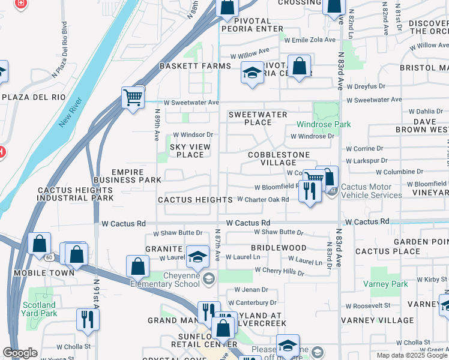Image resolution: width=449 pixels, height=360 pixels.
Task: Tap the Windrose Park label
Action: pyautogui.click(x=324, y=125)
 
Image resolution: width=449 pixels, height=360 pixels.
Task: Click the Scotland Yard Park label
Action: pyautogui.click(x=39, y=309)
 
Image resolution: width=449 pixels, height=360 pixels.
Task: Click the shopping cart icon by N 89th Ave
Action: pyautogui.click(x=133, y=97)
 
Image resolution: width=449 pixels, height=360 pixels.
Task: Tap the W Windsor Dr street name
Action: pyautogui.click(x=193, y=135)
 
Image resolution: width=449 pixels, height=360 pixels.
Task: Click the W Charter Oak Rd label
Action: pyautogui.click(x=262, y=199)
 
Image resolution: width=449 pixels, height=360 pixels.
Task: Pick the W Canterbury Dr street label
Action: pyautogui.click(x=251, y=302)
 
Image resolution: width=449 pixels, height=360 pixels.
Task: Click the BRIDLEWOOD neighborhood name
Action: pyautogui.click(x=279, y=247)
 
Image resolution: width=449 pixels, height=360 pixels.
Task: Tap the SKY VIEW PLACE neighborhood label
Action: pyautogui.click(x=187, y=151)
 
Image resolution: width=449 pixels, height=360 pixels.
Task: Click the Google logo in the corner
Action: pyautogui.click(x=20, y=353)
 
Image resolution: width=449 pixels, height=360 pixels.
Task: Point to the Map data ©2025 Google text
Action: pyautogui.click(x=412, y=355)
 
